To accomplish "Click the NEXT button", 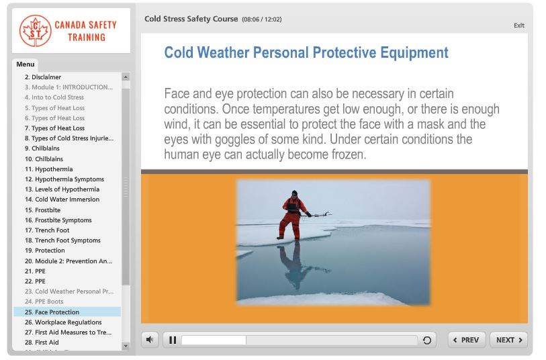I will coord(508,340).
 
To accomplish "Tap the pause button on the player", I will coord(173,340).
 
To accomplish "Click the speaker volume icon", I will coord(150,340).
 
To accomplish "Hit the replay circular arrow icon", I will coord(426,341).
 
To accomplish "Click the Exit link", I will coord(518,26).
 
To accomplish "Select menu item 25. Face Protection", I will coord(56,312).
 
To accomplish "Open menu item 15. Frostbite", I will coord(42,210).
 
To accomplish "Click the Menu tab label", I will coord(26,64).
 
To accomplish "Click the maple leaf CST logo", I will coord(35,30).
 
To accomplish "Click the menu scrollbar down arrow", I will coord(126,346).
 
